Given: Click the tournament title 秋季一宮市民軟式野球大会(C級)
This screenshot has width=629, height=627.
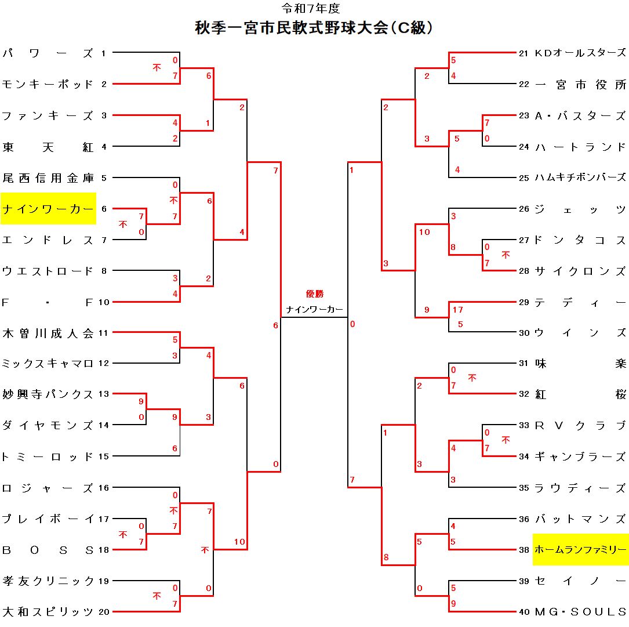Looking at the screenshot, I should coord(314,28).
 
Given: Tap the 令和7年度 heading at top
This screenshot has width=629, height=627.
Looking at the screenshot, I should coord(311,8).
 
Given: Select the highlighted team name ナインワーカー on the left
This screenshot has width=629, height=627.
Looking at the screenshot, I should coord(48,209).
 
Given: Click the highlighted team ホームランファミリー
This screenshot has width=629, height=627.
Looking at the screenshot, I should coord(580,549).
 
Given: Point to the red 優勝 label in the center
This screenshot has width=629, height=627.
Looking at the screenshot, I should coord(315,294).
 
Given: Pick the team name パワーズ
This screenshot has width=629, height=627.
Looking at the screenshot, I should coord(48,53).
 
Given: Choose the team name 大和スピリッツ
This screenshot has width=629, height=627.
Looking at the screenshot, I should coord(48,611).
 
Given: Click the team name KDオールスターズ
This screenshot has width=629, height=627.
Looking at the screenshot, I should coord(580,53).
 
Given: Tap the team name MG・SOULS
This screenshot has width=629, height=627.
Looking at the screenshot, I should coord(580,611).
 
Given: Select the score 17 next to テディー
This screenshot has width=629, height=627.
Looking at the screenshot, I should coord(458,310).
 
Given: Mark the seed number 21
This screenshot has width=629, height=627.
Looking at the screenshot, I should coord(523,53).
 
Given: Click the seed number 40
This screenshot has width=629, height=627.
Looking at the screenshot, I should coord(523,611).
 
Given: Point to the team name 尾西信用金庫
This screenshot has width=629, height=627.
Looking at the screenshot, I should coord(48,177).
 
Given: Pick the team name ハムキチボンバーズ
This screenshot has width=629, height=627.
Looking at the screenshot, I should coord(580,177).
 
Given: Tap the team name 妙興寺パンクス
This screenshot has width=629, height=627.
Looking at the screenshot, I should coord(48,394).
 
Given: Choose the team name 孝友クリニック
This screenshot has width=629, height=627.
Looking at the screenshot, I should coord(48,580).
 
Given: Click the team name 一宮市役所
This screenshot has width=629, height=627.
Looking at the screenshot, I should coord(580,85).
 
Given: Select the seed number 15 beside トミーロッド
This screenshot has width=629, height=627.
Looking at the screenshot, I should coord(103,456).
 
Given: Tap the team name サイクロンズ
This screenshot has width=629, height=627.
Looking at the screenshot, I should coord(580,271).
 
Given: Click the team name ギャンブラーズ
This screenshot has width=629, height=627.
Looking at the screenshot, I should coord(580,456).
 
